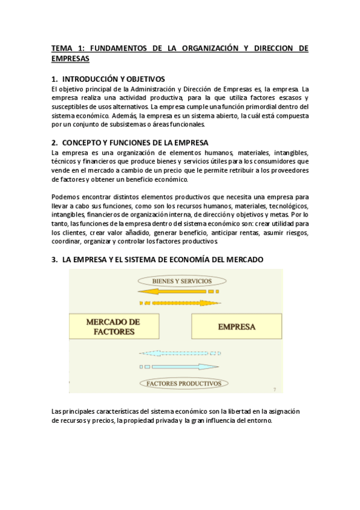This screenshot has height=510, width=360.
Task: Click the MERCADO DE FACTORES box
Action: [113, 327]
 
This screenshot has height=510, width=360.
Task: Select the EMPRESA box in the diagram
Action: [236, 327]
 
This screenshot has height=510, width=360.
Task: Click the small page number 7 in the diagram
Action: [274, 389]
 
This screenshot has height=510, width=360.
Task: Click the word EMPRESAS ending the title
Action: [70, 59]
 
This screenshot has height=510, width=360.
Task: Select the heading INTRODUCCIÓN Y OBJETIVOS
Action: [113, 79]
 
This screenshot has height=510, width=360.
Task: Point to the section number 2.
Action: [54, 143]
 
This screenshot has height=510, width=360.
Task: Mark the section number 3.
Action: [54, 259]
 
